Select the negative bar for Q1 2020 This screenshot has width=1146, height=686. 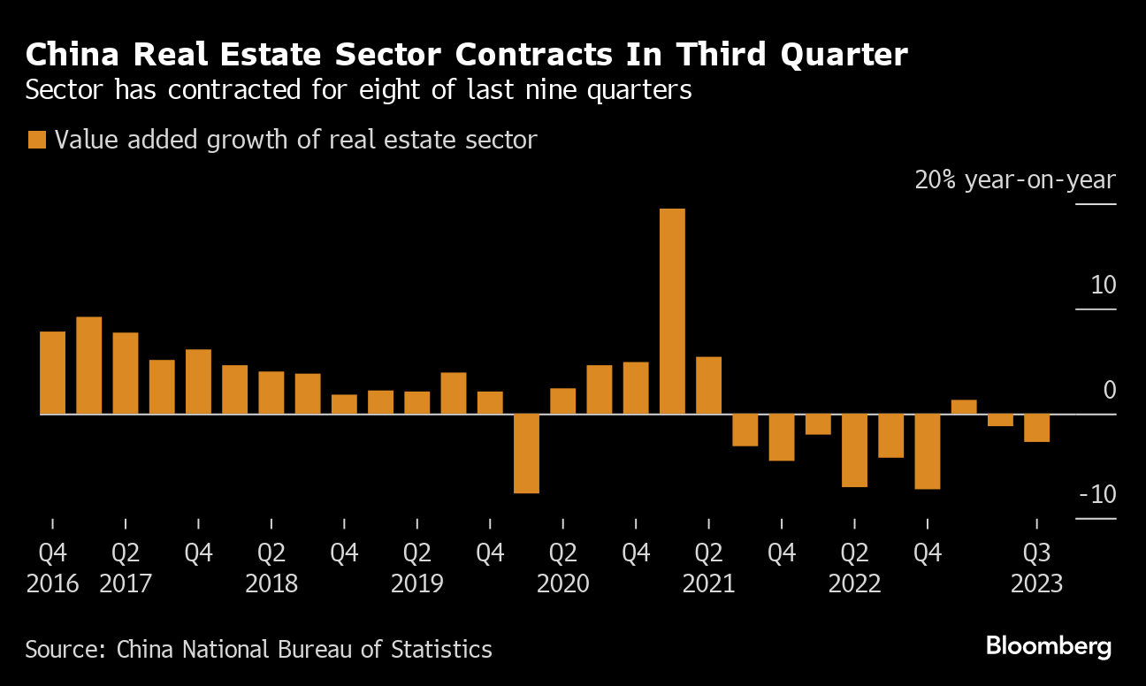[526, 454]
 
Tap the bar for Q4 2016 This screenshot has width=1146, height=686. [53, 372]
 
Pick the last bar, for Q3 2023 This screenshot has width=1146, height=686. [1036, 428]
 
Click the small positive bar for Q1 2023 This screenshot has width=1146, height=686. [964, 407]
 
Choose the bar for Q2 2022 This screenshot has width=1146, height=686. [854, 450]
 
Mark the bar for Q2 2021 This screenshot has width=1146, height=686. [708, 385]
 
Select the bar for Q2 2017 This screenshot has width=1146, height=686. [126, 373]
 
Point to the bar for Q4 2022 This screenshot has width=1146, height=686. [927, 451]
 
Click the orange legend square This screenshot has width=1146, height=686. [37, 140]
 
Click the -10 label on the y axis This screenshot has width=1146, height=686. [1097, 494]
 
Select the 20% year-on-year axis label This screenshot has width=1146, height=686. [1015, 180]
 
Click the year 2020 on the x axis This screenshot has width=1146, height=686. [563, 584]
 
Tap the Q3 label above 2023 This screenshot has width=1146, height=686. [1036, 554]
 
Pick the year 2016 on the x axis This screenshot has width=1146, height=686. [53, 584]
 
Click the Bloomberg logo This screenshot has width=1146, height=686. [1049, 646]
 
